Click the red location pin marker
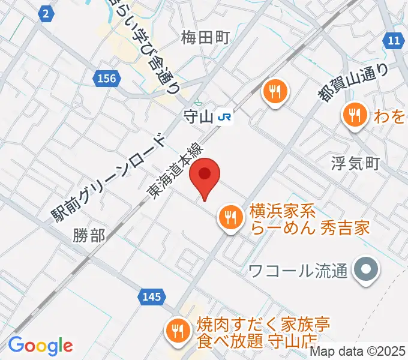pyautogui.click(x=205, y=175)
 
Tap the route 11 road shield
pyautogui.click(x=393, y=40)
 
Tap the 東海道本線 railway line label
pyautogui.click(x=177, y=172)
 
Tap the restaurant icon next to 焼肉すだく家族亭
pyautogui.click(x=178, y=329)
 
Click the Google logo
pyautogui.click(x=40, y=346)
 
